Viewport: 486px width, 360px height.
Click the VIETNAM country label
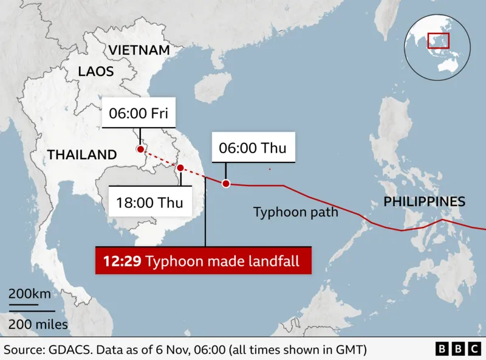[x=139, y=50]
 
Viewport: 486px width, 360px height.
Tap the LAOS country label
[x=96, y=71]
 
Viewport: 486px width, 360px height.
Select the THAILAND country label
[x=82, y=154]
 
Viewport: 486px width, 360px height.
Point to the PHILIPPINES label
[x=425, y=202]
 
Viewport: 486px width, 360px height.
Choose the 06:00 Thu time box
[x=252, y=148]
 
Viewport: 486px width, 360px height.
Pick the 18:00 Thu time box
[x=149, y=202]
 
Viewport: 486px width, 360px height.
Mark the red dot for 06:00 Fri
[x=140, y=149]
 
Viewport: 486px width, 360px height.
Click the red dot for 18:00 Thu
[x=180, y=167]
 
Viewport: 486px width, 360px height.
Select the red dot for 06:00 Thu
[x=226, y=184]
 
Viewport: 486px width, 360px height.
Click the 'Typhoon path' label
[x=295, y=212]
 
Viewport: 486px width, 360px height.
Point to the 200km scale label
[x=30, y=295]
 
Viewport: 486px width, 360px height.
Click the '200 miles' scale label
[x=38, y=324]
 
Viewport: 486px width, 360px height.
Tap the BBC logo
[x=457, y=349]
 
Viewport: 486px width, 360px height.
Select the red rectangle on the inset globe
[x=438, y=40]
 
